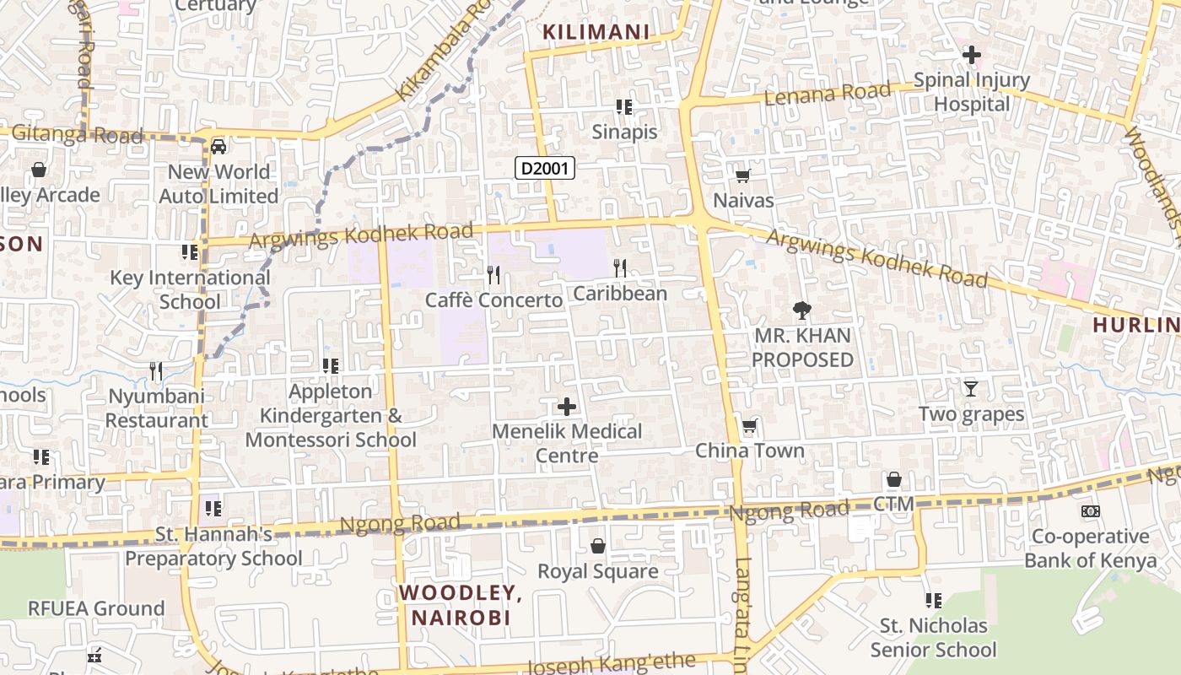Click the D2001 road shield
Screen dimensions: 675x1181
click(545, 168)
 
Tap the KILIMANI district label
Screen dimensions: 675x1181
click(596, 33)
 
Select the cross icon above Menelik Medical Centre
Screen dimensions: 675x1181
click(567, 408)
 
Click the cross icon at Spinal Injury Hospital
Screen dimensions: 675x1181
click(972, 56)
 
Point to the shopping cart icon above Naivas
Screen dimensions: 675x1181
click(742, 176)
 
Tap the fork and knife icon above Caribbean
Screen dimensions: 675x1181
click(620, 268)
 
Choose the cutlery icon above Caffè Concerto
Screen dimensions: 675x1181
click(493, 274)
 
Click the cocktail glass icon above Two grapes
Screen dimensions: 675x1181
click(971, 389)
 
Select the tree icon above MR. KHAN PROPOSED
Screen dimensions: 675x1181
click(801, 310)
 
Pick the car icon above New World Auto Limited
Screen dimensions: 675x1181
click(218, 147)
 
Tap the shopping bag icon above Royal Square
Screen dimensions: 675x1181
click(598, 547)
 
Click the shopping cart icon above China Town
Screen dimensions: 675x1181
click(749, 426)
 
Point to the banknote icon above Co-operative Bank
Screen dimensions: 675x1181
click(1090, 511)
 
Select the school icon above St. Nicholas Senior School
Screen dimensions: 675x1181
click(933, 601)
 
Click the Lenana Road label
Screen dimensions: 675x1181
click(827, 94)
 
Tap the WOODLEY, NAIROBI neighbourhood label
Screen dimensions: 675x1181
click(461, 605)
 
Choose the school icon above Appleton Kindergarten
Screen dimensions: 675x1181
click(331, 366)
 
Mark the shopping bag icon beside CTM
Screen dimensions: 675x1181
click(894, 480)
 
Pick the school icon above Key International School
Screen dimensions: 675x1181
click(190, 252)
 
